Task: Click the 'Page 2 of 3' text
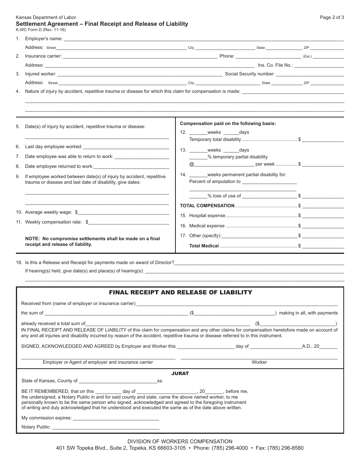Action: point(332,17)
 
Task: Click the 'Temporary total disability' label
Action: point(215,139)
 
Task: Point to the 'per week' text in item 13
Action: point(265,164)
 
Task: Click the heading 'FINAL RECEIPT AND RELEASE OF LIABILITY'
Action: point(180,292)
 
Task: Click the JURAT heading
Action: point(180,374)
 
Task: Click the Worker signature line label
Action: point(259,362)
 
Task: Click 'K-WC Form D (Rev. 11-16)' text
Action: point(41,30)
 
